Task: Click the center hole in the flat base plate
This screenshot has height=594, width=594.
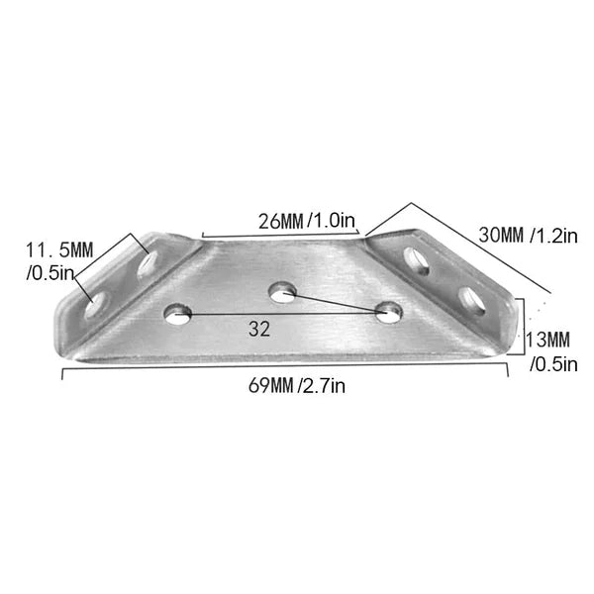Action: click(x=284, y=291)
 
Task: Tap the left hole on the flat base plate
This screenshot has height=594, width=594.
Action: click(x=178, y=314)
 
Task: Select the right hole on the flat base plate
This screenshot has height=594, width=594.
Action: click(x=390, y=313)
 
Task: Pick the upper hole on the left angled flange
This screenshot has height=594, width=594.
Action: click(x=148, y=265)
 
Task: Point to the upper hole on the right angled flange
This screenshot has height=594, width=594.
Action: click(x=417, y=260)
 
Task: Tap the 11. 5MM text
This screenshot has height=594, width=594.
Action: click(x=59, y=250)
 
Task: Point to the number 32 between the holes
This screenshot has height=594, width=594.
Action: click(x=260, y=330)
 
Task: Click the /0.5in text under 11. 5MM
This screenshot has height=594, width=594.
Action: click(x=49, y=273)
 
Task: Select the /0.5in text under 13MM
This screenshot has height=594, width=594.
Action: click(x=553, y=363)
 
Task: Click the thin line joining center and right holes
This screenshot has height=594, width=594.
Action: click(x=337, y=303)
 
